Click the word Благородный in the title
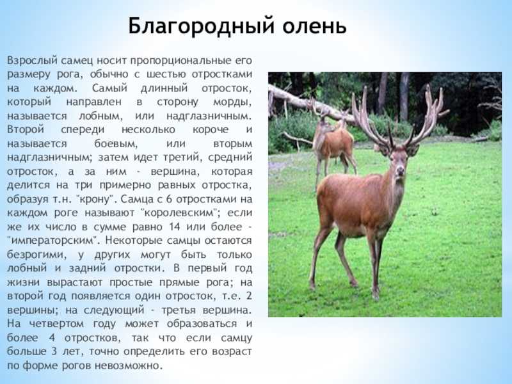[201, 26]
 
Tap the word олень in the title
[314, 26]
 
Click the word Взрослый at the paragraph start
[33, 61]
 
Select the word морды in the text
[232, 102]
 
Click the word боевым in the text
[116, 143]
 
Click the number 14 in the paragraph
[175, 227]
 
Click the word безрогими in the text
[36, 254]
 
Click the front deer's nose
[399, 171]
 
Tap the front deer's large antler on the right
[427, 115]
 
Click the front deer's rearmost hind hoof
[312, 286]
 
